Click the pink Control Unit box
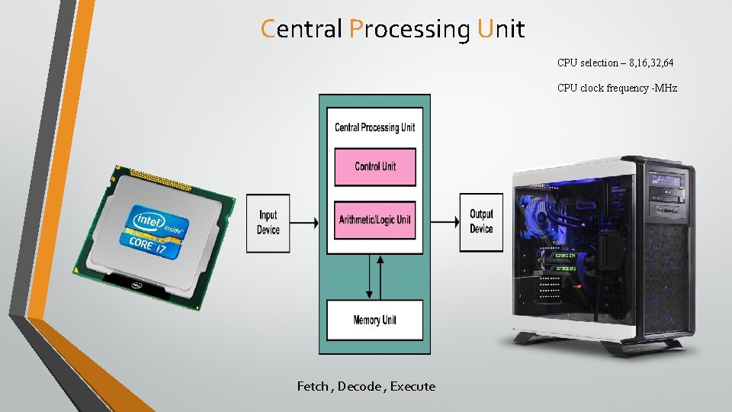[x=375, y=167]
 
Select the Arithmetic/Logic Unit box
[x=375, y=220]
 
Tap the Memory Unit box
[x=375, y=320]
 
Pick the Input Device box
[x=268, y=224]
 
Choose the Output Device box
[x=481, y=222]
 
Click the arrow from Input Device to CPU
[x=304, y=223]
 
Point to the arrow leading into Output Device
[x=445, y=222]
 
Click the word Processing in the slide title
[x=410, y=30]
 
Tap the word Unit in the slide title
[x=501, y=29]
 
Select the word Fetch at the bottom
[x=313, y=386]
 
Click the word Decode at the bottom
[x=359, y=386]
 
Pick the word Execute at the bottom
[x=413, y=386]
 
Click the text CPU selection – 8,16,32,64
[x=615, y=63]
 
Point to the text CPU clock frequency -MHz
[x=617, y=88]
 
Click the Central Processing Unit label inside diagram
[x=375, y=127]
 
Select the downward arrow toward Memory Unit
[x=369, y=276]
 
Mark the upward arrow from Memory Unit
[x=380, y=278]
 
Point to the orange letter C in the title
[x=268, y=29]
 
